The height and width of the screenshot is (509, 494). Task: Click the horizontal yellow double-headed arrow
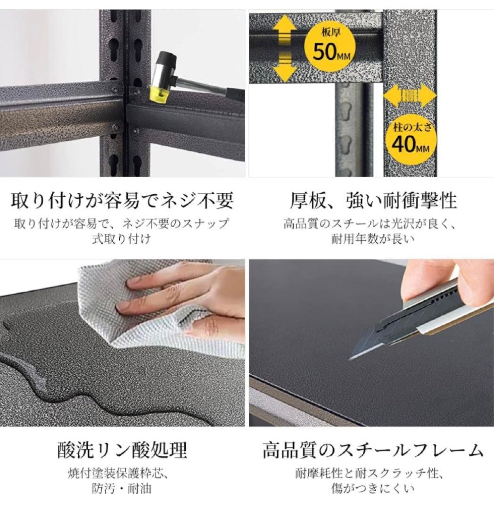tap(410, 96)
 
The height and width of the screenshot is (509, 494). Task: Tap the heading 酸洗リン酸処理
tap(123, 450)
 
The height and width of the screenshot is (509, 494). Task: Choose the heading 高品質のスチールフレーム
tap(373, 450)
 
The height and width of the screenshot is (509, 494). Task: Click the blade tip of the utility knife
tap(349, 358)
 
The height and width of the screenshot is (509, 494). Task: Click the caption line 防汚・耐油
tap(122, 489)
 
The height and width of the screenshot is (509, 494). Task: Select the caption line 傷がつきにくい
tap(373, 489)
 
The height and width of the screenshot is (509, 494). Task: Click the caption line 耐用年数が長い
tap(373, 238)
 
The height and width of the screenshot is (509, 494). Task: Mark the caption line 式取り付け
tap(122, 238)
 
